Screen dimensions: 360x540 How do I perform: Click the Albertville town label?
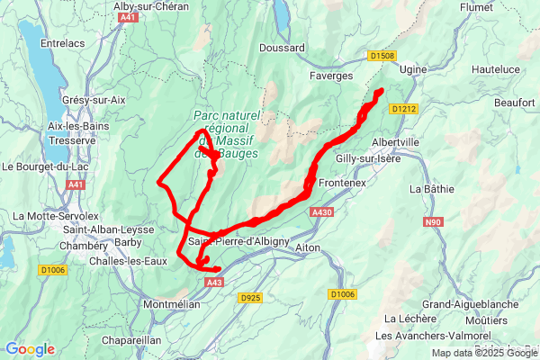[396, 142]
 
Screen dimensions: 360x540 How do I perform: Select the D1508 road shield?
[382, 56]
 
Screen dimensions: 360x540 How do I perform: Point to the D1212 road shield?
[404, 109]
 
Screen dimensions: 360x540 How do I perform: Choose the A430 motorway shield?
[321, 212]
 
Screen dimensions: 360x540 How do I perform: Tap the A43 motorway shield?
[214, 283]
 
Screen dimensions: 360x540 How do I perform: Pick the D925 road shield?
[251, 297]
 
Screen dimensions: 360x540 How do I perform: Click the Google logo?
[29, 349]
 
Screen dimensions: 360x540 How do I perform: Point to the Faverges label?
[331, 76]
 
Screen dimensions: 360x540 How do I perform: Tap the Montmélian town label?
[171, 305]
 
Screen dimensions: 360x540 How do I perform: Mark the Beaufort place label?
[514, 103]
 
